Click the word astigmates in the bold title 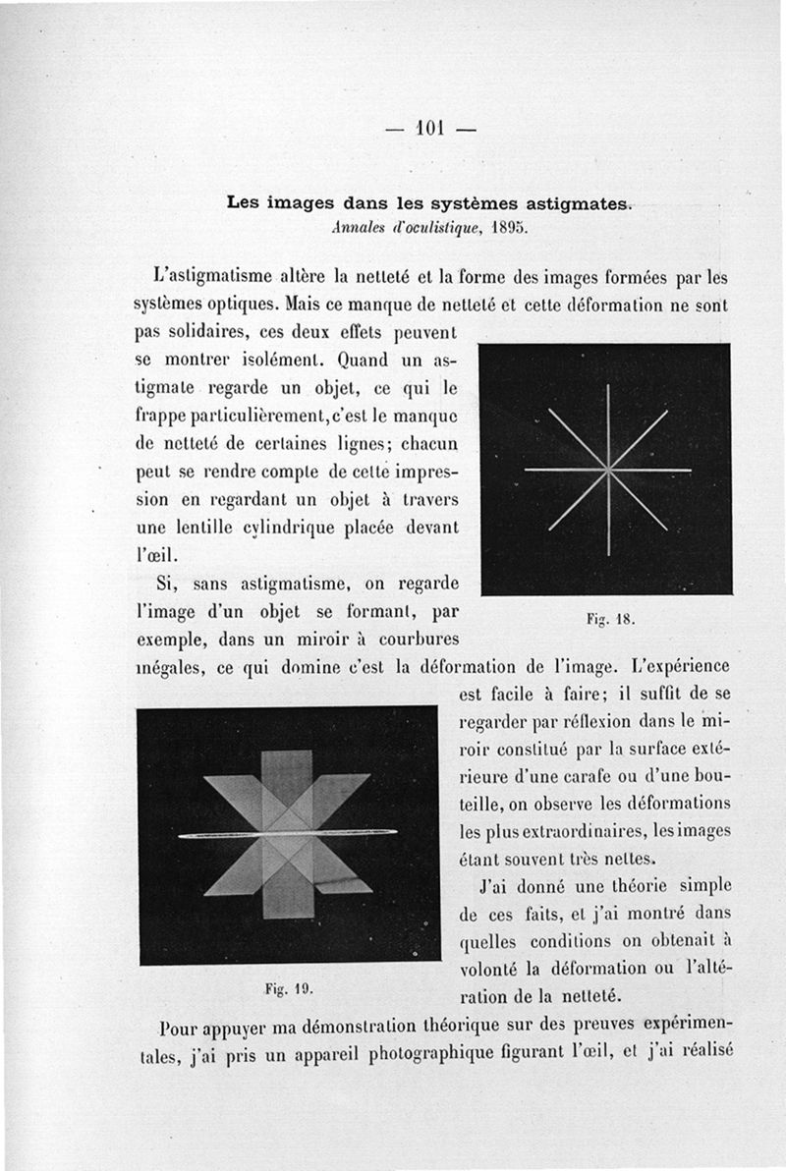[x=569, y=204]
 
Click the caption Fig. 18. [x=611, y=620]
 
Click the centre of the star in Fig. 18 [x=609, y=470]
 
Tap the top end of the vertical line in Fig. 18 [x=609, y=386]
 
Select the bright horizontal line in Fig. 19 [x=287, y=834]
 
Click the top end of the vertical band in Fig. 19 [x=287, y=753]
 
